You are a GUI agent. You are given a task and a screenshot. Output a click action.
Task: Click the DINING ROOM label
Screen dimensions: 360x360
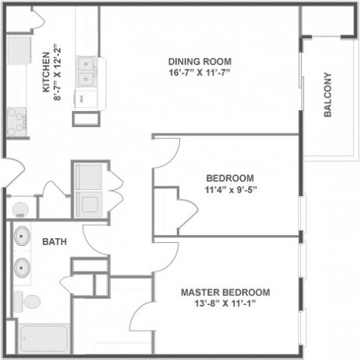tap(199, 61)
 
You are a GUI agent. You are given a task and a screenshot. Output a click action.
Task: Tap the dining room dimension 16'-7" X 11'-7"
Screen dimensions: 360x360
tap(199, 72)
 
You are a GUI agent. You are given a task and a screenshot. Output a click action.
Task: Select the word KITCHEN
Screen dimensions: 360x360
tap(46, 72)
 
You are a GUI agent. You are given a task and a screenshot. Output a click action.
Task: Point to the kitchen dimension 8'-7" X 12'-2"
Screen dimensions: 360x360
tap(57, 72)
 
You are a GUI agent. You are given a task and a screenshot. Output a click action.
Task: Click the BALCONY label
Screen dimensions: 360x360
tap(327, 95)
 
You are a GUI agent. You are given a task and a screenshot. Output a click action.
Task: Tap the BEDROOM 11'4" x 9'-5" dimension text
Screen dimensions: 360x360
tap(230, 189)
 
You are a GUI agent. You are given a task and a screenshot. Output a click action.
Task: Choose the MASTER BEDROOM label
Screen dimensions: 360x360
tap(226, 292)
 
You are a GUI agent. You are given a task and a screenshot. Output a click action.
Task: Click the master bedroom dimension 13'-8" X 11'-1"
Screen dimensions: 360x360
tap(226, 303)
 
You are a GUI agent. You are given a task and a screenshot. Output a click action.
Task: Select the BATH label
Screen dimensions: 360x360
tap(54, 241)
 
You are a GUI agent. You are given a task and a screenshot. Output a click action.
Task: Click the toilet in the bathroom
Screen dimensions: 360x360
tap(27, 302)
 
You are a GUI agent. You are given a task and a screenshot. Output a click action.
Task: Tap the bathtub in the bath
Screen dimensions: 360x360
tap(44, 339)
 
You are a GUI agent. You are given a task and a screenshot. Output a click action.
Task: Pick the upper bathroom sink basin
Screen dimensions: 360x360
tap(22, 236)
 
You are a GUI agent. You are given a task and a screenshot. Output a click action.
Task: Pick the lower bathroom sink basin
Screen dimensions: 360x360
tap(22, 268)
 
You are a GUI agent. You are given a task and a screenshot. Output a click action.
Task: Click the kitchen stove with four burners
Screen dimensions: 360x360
tap(17, 122)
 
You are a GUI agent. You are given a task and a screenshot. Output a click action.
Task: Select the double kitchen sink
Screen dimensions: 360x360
tap(86, 71)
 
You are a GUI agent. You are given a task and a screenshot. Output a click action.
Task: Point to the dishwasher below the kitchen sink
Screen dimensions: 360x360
tap(86, 99)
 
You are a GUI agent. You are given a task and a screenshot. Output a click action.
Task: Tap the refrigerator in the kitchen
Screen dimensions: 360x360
tap(19, 50)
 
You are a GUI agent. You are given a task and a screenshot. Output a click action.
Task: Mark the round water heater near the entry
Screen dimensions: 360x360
tap(20, 209)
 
